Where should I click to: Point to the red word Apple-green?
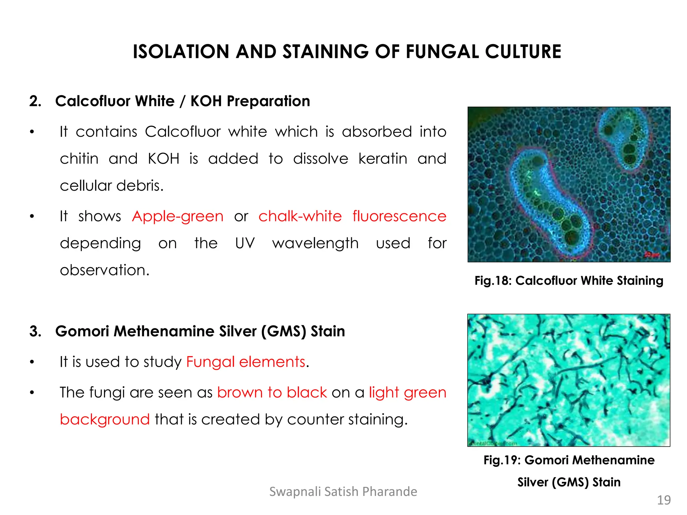point(178,216)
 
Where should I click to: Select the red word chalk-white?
point(300,216)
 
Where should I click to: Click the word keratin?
point(383,159)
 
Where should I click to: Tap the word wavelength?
point(315,243)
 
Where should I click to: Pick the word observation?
point(104,270)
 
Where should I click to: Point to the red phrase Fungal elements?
point(246,362)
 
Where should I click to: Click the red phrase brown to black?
point(272,392)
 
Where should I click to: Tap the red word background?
point(105,419)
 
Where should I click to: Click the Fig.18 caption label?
point(492,281)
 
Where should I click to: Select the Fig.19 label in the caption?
point(501,460)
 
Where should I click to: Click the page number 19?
point(664,500)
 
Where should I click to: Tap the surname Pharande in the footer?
point(390,492)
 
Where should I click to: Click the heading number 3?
point(35,331)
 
